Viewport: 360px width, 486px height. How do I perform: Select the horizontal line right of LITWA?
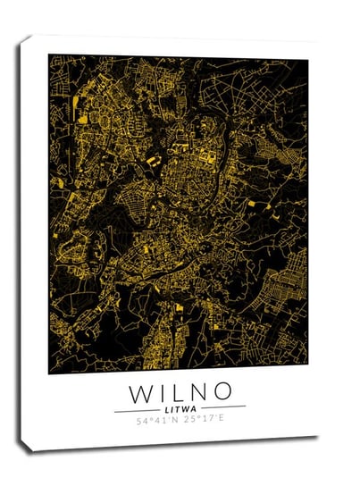[223, 407]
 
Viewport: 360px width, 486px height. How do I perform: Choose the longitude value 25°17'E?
[205, 419]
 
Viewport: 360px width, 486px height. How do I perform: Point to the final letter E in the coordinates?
[222, 418]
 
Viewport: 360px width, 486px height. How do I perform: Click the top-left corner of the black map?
[49, 54]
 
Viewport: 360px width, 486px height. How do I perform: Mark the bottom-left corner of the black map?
[49, 373]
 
